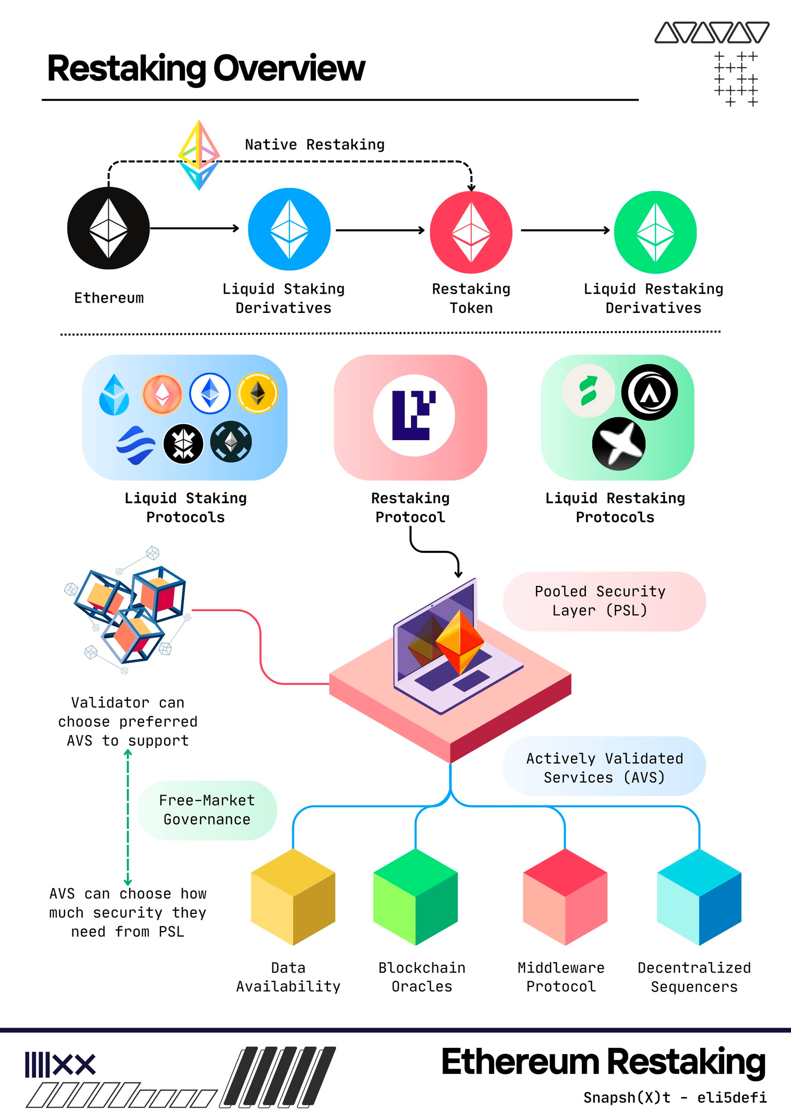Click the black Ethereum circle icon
(x=108, y=228)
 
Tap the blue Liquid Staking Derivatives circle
(x=289, y=229)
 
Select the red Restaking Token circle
(x=471, y=232)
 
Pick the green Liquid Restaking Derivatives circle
(x=655, y=232)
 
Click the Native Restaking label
(x=314, y=144)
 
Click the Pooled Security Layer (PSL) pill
(x=604, y=601)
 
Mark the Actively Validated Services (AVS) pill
(x=604, y=767)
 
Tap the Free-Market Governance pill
(x=207, y=809)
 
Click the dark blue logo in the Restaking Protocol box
(x=414, y=415)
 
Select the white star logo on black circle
(x=618, y=443)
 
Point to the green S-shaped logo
(x=588, y=391)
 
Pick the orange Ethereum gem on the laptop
(x=460, y=641)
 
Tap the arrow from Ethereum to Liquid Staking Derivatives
(x=194, y=228)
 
